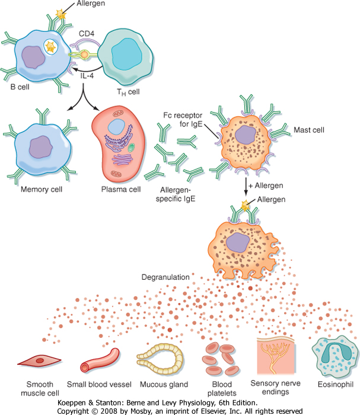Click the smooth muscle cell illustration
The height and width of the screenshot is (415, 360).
click(x=34, y=361)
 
